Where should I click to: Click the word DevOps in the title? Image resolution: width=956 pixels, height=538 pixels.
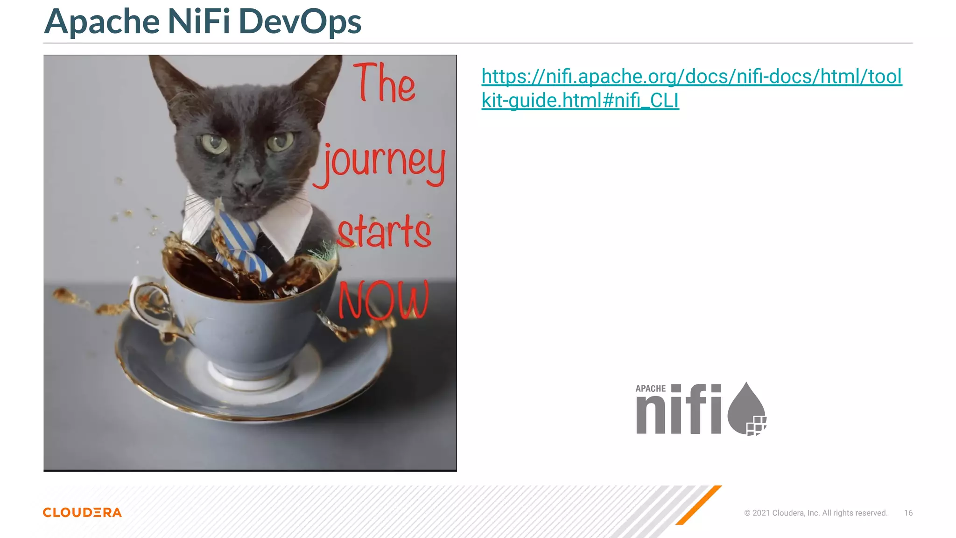(300, 22)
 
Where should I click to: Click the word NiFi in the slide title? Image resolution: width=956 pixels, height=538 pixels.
(198, 22)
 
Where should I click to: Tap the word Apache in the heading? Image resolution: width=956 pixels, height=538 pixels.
(102, 22)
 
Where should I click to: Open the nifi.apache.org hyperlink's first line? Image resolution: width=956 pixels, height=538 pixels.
(691, 77)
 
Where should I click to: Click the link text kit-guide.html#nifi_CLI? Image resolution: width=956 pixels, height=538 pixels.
(580, 100)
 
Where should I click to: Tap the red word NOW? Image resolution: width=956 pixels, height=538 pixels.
(383, 300)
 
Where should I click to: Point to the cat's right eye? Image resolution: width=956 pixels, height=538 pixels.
(280, 142)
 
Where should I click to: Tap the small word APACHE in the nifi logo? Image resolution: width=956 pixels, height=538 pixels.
(650, 389)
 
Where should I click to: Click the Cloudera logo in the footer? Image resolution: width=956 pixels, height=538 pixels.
(82, 512)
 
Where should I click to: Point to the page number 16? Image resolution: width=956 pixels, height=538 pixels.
(908, 513)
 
